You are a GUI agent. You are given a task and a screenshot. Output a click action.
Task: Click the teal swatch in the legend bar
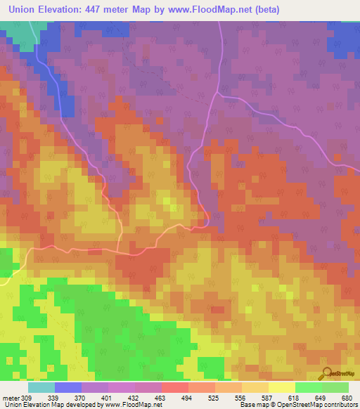[x=41, y=387]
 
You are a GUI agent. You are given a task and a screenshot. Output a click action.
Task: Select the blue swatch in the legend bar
[x=68, y=387]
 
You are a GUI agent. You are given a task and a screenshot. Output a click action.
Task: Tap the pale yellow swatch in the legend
[x=281, y=387]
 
